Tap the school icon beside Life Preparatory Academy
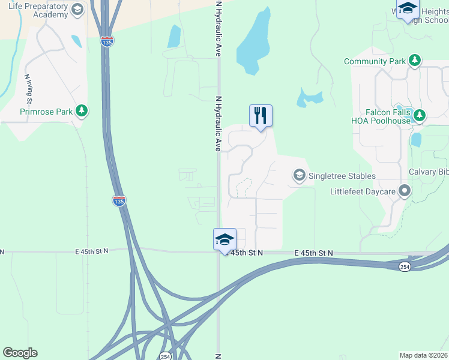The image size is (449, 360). point(77,10)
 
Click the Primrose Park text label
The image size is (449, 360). point(46,111)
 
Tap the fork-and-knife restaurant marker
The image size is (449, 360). point(261,115)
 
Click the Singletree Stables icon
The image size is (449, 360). point(299,175)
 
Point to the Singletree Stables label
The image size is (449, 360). point(342,176)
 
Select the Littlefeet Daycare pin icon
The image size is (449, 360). point(405,192)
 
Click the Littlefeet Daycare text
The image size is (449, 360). point(363,192)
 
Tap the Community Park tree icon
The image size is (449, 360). point(414,61)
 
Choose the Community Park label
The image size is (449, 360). point(375,61)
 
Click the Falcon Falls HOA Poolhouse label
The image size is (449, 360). point(388,116)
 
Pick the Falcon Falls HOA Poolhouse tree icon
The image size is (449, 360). point(420,115)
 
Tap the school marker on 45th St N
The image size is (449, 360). point(225,239)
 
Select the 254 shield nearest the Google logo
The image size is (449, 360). point(164,356)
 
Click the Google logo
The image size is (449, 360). point(20,353)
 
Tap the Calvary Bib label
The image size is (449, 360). point(429,172)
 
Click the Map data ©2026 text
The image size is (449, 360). point(424,355)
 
